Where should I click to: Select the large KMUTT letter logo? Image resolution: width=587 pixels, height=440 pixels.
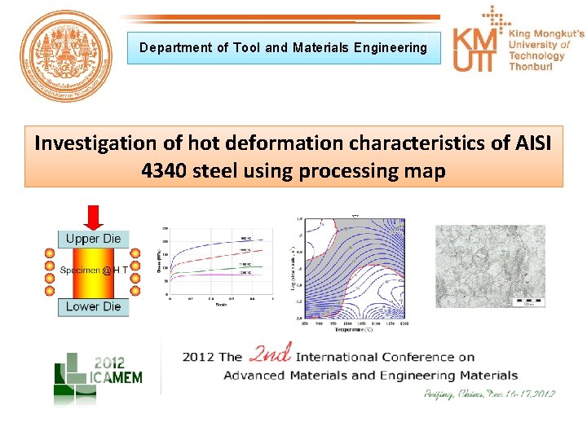tap(478, 51)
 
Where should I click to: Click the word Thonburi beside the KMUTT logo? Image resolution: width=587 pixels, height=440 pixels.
tap(532, 68)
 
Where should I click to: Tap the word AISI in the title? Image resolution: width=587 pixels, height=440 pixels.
tap(529, 143)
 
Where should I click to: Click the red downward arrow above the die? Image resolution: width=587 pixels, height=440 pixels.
tap(94, 218)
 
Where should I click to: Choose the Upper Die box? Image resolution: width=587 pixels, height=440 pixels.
tap(94, 239)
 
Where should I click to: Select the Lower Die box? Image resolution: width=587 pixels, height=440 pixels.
tap(94, 306)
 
